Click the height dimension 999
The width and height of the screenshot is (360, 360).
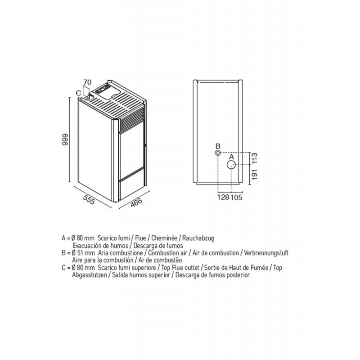click(x=65, y=139)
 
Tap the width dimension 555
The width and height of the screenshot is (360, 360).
click(x=89, y=199)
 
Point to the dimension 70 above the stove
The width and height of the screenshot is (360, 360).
click(x=87, y=82)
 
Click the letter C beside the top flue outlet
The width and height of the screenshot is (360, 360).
click(x=78, y=93)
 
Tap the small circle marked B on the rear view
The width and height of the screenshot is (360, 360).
click(x=218, y=153)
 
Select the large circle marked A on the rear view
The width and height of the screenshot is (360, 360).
click(x=231, y=165)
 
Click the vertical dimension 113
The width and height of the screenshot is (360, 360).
click(x=255, y=158)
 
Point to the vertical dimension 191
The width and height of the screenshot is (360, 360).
click(x=255, y=175)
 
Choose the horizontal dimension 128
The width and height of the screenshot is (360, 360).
click(x=223, y=197)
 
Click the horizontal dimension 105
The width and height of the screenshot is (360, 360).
click(x=237, y=197)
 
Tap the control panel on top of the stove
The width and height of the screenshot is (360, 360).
click(x=103, y=89)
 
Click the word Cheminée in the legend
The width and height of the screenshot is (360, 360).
click(x=164, y=238)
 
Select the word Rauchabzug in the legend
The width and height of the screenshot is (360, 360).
click(x=198, y=238)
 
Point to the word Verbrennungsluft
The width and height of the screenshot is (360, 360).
click(x=266, y=253)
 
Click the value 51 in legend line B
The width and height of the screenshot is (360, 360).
click(x=80, y=253)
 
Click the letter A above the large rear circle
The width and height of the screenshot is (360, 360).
click(x=231, y=157)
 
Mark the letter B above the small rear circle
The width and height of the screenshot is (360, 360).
click(x=218, y=146)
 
